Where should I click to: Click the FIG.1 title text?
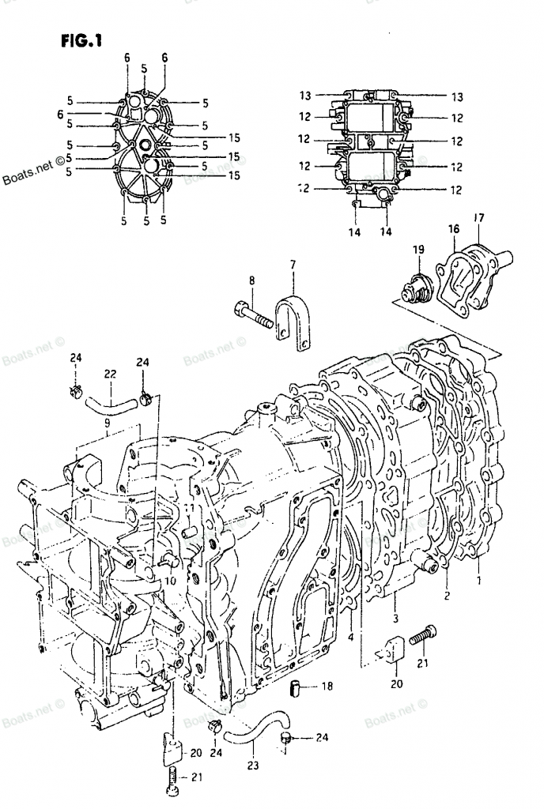[81, 39]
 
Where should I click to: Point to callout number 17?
[478, 217]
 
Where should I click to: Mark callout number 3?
[396, 618]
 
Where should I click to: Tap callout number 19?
[418, 250]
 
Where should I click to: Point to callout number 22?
[110, 374]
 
